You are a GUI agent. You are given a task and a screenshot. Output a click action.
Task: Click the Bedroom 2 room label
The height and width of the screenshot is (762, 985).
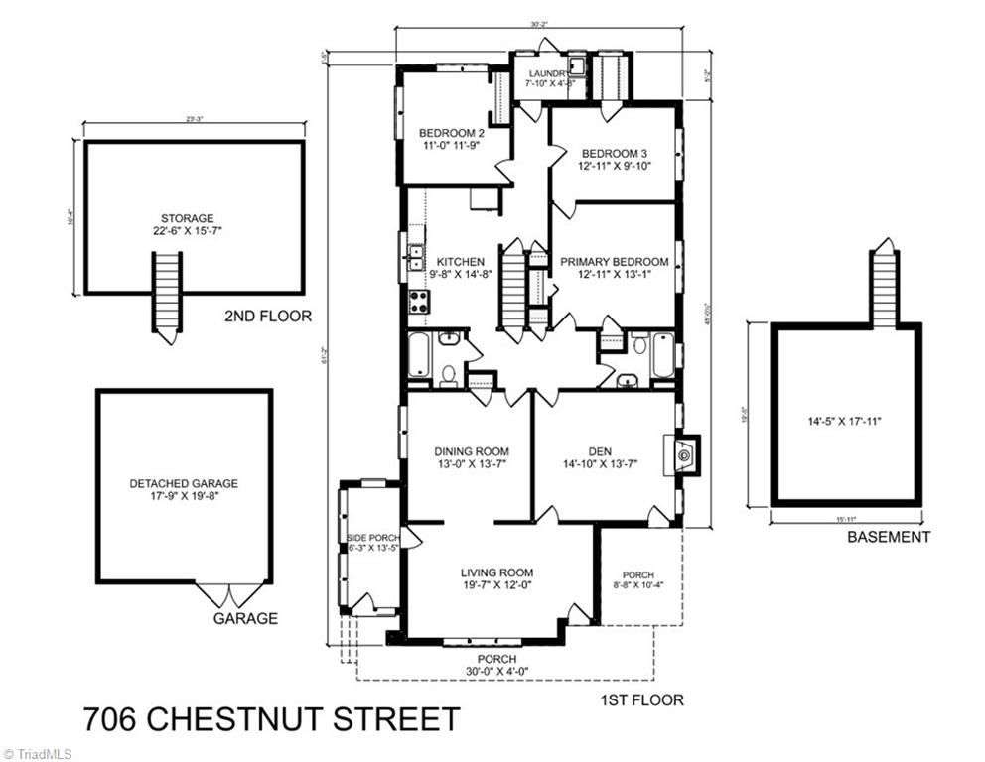pos(451,133)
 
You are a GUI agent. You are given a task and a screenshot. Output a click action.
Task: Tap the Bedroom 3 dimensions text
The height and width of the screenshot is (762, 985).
pos(614,166)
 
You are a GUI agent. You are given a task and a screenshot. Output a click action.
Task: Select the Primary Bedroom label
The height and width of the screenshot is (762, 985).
pos(614,262)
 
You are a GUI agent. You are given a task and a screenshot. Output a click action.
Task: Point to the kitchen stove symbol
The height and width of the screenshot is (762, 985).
pos(418,302)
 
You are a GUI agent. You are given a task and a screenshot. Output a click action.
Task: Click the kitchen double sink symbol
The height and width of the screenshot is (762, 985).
pos(414,257)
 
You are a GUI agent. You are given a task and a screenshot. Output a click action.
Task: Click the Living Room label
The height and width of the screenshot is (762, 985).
pos(496,572)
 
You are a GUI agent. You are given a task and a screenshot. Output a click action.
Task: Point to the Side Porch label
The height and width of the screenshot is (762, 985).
pos(371,538)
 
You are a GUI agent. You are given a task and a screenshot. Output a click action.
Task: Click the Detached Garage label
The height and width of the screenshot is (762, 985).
pos(184,484)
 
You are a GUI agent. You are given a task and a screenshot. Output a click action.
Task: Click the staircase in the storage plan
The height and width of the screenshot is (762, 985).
pos(167,295)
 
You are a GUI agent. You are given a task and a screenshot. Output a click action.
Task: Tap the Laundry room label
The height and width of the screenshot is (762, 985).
pos(546,73)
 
